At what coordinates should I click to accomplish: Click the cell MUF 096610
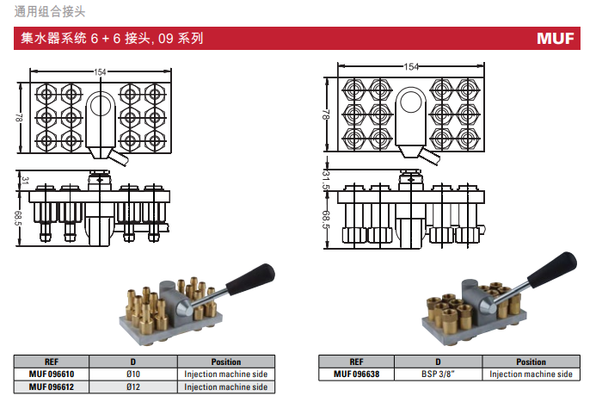coord(52,374)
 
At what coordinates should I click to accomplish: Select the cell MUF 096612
coord(52,387)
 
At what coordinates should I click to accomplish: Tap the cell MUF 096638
coord(355,374)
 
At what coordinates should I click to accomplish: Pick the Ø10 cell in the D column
coord(132,374)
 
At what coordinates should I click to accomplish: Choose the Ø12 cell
coord(132,387)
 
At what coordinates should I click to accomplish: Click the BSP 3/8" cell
coord(437,374)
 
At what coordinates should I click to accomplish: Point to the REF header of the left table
coord(52,362)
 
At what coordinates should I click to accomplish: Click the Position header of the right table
coord(531,362)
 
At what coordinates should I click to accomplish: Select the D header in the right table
coord(437,362)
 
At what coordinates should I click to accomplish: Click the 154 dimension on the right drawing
coord(411,67)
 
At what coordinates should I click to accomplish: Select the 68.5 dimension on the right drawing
coord(326,220)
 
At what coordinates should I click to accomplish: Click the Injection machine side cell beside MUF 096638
coord(531,374)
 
